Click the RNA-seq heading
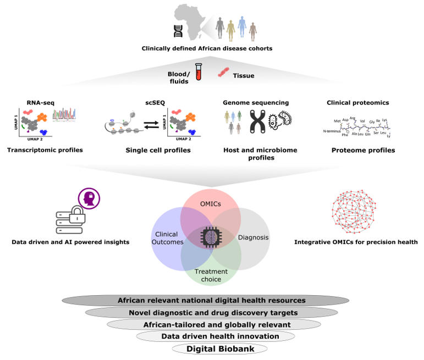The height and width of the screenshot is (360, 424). [41, 102]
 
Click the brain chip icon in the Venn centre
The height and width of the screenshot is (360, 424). [211, 237]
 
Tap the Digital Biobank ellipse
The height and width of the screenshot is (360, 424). [212, 348]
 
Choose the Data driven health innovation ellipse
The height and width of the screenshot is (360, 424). [212, 336]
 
